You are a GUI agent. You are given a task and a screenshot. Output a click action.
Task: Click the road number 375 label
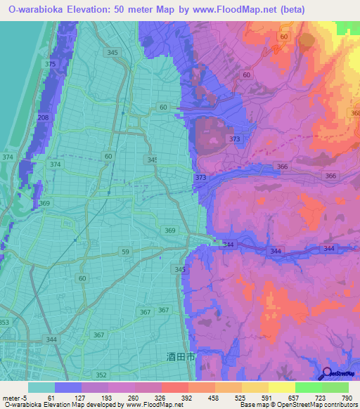(49, 64)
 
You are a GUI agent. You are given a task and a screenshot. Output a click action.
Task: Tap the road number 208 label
(44, 117)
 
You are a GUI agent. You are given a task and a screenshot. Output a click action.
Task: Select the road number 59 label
(125, 251)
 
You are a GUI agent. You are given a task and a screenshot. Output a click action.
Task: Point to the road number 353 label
(4, 323)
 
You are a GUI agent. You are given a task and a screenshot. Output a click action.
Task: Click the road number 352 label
(102, 375)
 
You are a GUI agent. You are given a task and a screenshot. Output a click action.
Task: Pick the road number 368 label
(355, 113)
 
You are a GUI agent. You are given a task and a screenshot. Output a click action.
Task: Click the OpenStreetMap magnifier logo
(327, 374)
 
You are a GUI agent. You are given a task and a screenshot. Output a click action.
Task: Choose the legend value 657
(285, 398)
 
